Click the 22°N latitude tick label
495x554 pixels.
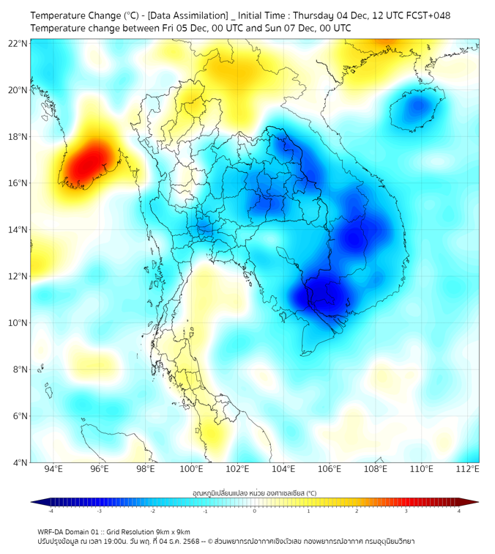(18, 43)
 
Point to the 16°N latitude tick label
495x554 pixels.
(18, 183)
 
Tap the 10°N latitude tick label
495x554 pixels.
(18, 323)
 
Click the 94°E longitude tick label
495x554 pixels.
(53, 470)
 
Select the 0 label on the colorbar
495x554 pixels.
(255, 511)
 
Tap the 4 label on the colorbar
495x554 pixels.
(459, 511)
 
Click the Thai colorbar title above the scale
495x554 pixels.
(254, 492)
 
